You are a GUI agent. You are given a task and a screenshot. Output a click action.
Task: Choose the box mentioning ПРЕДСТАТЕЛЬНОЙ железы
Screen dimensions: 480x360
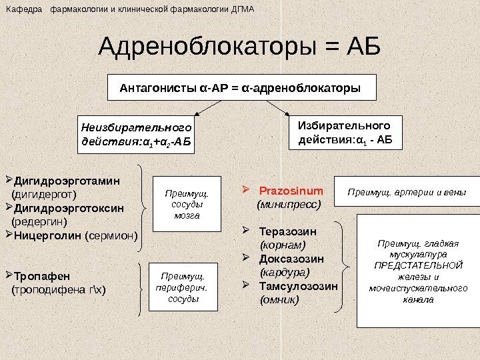point(418,262)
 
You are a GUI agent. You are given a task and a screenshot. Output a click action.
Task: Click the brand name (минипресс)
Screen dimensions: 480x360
point(289,205)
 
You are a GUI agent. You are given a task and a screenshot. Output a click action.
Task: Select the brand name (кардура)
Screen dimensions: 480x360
point(285,273)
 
